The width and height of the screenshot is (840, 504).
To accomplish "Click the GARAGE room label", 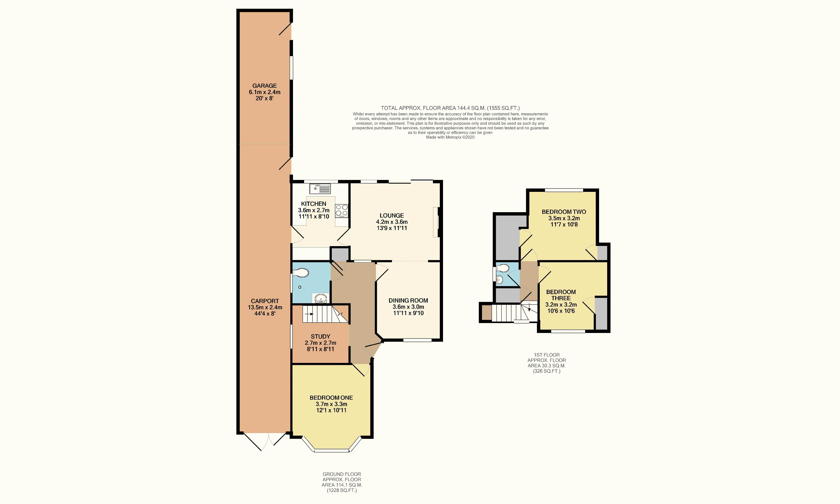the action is (264, 86).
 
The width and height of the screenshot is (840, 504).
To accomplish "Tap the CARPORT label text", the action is (265, 301).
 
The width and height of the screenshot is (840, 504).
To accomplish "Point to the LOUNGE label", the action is (392, 216).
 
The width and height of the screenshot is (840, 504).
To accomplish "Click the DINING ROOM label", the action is (408, 301).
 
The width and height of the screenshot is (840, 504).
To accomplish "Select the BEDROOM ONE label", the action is (331, 398).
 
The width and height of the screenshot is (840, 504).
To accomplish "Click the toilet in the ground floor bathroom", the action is (301, 273).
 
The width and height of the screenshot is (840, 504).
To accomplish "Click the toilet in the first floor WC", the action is (502, 268).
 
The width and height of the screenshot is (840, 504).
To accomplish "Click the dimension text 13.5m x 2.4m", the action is (265, 307).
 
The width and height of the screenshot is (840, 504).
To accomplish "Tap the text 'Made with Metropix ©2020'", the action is (450, 137).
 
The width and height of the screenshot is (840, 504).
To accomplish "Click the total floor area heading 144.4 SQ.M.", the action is (450, 108).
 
